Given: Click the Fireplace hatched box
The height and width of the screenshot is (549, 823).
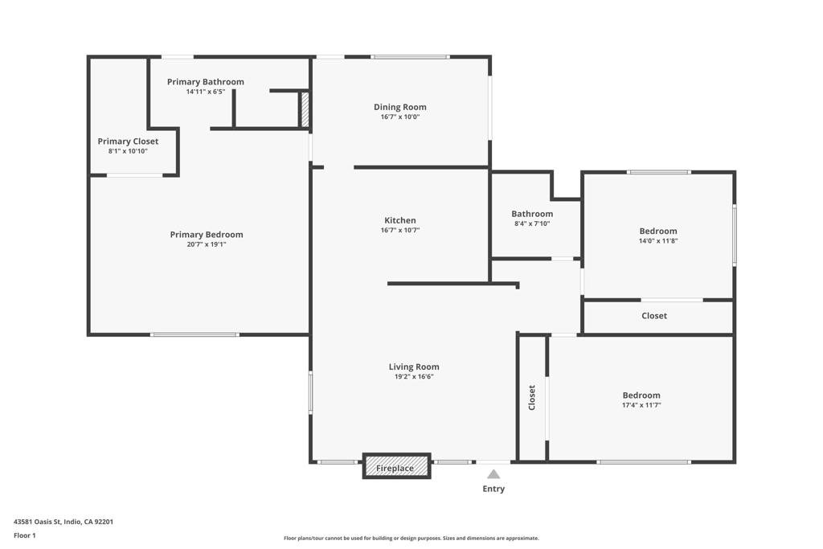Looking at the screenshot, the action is [x=397, y=466].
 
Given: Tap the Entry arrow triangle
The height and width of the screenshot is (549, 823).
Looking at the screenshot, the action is [x=493, y=474].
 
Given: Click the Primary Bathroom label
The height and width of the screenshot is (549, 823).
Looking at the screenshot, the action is [x=206, y=82].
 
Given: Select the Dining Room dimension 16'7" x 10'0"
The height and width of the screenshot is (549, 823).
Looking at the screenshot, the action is [x=400, y=117].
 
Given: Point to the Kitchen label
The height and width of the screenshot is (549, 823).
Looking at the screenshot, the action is [x=400, y=220].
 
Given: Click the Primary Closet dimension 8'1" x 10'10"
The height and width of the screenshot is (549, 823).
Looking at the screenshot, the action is [x=128, y=151].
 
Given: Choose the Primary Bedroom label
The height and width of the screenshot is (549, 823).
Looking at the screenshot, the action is [x=207, y=235].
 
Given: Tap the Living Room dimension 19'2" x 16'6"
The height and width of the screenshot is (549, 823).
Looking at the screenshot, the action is [x=414, y=376].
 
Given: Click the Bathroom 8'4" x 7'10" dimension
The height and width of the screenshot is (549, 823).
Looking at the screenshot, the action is [x=532, y=223].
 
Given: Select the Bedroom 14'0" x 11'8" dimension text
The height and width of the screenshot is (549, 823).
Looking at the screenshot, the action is [x=658, y=241].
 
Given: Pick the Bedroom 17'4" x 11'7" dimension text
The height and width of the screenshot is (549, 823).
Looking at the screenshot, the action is [x=641, y=405].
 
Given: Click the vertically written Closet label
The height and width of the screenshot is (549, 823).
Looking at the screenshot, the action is [x=532, y=397].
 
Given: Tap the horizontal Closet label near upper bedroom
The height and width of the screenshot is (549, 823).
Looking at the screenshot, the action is [x=654, y=315].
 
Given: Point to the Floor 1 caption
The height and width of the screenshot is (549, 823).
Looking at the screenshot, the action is [x=25, y=535].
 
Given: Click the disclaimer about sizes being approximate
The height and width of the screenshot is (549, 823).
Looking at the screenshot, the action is [x=411, y=538].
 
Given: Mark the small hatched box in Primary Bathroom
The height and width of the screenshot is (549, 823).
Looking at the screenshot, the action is [x=305, y=109].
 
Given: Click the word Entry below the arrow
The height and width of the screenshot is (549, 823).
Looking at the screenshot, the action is [x=493, y=489].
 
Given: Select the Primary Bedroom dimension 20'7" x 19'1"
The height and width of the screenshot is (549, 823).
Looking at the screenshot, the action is [x=207, y=244].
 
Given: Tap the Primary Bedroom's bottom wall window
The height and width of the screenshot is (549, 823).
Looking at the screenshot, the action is [x=194, y=334].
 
